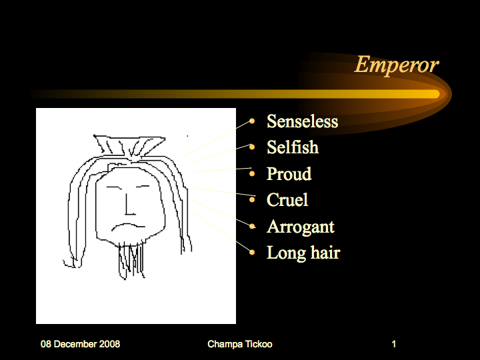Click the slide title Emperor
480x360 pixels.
coord(397,65)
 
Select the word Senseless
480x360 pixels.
coord(303,121)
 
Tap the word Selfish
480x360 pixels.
coord(293,147)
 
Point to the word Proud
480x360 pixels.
coord(289,173)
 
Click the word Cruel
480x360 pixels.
coord(287,200)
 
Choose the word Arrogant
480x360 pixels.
coord(301,227)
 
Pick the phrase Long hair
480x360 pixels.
coord(303,253)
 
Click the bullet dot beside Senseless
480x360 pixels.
coord(252,121)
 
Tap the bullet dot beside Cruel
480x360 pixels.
coord(252,200)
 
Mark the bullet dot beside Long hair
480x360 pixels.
coord(252,252)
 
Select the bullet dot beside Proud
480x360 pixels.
coord(252,174)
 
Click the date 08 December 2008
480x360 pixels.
coord(80,344)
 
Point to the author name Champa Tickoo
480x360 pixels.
coord(240,344)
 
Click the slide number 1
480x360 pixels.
coord(394,344)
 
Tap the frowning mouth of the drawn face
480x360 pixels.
coord(128,227)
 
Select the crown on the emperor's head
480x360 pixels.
coord(129,146)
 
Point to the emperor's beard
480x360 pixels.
coord(131,260)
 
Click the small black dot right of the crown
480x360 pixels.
coord(187,135)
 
